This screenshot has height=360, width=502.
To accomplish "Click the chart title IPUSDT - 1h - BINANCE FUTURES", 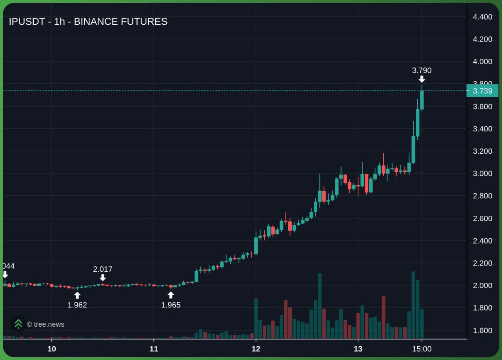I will (x=88, y=22).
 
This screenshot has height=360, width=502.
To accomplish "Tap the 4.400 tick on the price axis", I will (x=482, y=17).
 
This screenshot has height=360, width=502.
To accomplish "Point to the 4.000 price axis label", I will (x=482, y=62).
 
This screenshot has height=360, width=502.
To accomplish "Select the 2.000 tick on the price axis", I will (x=482, y=285).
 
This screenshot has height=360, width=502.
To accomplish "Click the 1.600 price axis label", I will (x=482, y=330).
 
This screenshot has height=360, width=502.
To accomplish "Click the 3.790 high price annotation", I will (x=422, y=71).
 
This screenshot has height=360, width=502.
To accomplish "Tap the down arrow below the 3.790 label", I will (x=422, y=79).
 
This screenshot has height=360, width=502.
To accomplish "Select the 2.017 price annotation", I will (x=103, y=269).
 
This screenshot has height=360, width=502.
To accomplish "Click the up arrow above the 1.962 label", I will (x=77, y=295).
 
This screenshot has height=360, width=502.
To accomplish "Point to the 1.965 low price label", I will (x=171, y=305).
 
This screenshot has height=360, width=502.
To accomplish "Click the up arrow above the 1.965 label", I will (x=171, y=295).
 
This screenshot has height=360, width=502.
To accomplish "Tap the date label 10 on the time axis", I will (x=51, y=349).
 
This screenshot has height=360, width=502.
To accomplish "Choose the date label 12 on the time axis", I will (x=256, y=349).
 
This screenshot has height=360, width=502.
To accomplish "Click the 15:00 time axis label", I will (x=422, y=349).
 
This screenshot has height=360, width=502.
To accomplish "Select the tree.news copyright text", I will (x=45, y=324).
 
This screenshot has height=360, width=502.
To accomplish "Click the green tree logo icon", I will (x=18, y=324).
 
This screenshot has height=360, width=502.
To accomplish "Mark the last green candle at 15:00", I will (x=422, y=100).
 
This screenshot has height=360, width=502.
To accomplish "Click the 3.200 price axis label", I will (x=482, y=151).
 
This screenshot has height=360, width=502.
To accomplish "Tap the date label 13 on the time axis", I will (x=358, y=349).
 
